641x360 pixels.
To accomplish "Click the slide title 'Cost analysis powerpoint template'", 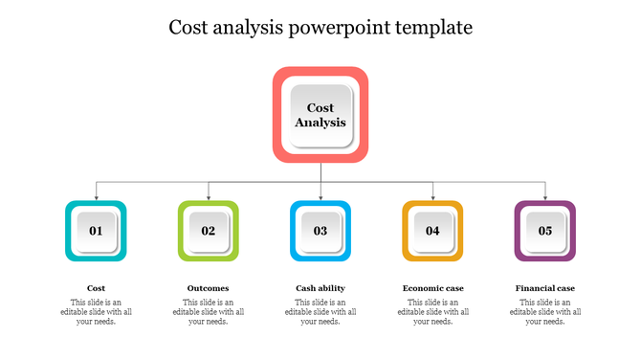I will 320,28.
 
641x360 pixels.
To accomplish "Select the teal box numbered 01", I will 96,231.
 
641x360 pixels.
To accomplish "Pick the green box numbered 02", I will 209,231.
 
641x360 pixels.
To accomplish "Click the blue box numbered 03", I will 320,231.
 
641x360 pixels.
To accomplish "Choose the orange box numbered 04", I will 432,231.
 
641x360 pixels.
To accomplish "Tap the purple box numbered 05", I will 545,231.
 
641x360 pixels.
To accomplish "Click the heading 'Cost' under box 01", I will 96,288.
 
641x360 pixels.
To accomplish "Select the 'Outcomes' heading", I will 209,288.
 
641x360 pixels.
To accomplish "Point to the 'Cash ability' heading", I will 320,288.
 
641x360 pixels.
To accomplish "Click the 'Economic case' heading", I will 432,288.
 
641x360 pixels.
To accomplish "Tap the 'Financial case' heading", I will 545,288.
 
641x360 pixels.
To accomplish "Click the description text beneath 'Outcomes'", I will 209,312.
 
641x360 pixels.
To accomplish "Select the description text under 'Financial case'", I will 545,312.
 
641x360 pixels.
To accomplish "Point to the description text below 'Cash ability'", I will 320,312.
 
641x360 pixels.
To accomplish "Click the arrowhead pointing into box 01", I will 96,196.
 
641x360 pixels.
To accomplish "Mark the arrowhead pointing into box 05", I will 545,196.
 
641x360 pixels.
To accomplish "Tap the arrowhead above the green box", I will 209,196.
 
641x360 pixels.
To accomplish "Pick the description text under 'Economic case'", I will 432,312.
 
